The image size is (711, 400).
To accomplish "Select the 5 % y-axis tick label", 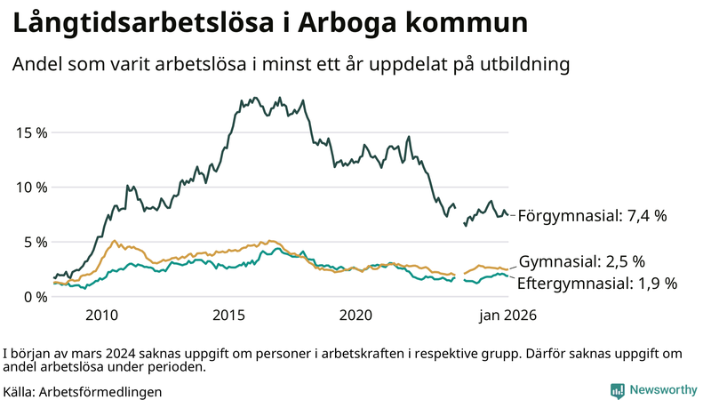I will point(36,242).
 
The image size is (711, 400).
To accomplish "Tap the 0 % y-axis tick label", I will point(36,296).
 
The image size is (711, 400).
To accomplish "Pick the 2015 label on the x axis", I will point(228,315).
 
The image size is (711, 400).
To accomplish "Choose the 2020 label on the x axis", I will point(355,315).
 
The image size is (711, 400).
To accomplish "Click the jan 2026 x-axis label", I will point(508,315).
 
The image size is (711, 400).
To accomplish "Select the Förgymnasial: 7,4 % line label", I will point(592,215).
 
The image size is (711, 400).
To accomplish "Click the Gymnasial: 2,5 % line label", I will point(581,261).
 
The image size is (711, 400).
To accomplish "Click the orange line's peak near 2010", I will point(114,241).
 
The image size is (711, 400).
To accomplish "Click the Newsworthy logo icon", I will point(617,390).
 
